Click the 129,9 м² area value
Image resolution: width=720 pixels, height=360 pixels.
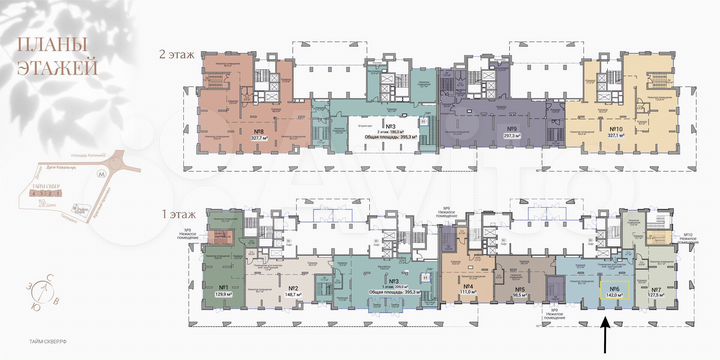click(x=222, y=296)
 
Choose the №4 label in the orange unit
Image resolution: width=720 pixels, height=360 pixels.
click(x=467, y=288)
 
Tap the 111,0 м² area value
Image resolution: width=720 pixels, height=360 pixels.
click(x=467, y=296)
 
